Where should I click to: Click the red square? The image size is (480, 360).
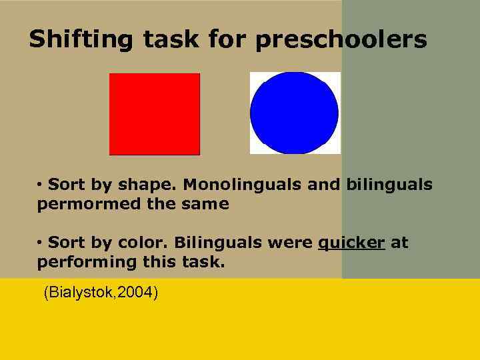(x=155, y=114)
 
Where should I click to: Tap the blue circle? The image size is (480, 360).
(x=294, y=113)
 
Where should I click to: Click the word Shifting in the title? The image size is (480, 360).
(x=81, y=39)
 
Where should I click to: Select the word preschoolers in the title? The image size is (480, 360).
(x=341, y=39)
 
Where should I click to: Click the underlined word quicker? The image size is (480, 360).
(x=351, y=243)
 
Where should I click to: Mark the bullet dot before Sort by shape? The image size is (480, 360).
(x=40, y=183)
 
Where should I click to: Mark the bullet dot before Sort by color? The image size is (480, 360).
(x=40, y=242)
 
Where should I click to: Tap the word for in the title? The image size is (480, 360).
(x=227, y=39)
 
